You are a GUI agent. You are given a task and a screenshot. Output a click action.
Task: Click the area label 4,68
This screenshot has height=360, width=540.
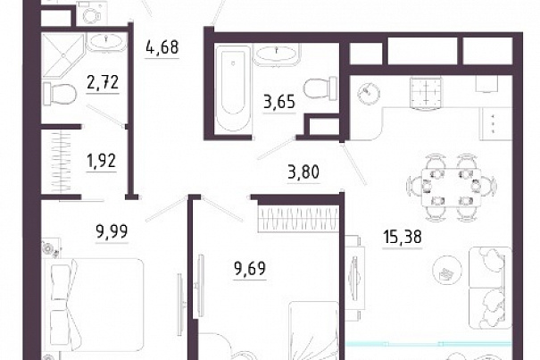(162, 47)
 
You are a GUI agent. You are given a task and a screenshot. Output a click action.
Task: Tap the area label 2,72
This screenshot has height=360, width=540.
(103, 82)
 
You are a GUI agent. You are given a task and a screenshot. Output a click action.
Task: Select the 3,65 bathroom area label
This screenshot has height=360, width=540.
(279, 102)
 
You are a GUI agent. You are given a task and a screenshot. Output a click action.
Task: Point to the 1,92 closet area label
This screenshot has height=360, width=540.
(102, 161)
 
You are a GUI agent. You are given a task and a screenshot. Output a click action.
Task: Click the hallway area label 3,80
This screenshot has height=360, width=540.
(303, 172)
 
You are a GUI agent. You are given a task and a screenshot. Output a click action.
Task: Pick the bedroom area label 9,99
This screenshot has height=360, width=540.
(112, 231)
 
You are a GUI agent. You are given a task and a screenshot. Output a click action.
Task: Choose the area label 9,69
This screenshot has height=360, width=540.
(250, 269)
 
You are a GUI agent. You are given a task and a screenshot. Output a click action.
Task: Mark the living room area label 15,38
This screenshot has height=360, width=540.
(403, 238)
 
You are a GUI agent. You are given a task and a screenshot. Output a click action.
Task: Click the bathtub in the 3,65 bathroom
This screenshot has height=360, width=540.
(232, 88)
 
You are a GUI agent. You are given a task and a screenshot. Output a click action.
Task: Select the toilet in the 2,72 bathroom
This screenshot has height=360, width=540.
(60, 94)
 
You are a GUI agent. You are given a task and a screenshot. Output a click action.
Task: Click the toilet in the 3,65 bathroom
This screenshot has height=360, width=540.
(320, 88)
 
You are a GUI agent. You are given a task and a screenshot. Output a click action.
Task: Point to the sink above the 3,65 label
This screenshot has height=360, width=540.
(277, 54)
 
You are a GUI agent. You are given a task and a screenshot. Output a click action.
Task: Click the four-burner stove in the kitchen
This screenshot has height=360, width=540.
(426, 92)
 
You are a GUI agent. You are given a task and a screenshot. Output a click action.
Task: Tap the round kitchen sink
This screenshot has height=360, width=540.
(369, 92)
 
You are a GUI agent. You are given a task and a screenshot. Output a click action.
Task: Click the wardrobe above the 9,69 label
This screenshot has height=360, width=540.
(299, 219)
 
